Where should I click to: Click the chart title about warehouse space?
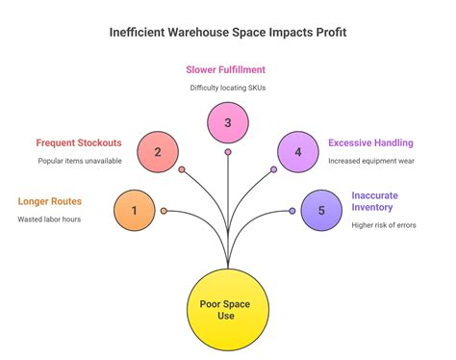pos(227,32)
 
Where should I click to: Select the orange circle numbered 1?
pos(134,211)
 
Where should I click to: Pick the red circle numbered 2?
pos(157,151)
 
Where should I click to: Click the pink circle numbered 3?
pos(228,122)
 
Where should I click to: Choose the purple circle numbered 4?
pos(298,151)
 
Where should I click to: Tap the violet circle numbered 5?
pos(321,211)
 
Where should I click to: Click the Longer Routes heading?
pos(50,202)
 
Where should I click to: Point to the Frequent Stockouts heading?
pos(78,143)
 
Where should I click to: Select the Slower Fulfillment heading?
pos(228,69)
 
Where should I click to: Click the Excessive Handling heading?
pos(370,143)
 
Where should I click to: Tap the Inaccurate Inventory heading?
pos(374,201)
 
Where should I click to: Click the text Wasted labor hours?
pos(50,219)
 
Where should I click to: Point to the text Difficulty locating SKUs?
pos(228,88)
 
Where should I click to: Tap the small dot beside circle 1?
pos(164,211)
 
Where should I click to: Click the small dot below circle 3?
pos(228,152)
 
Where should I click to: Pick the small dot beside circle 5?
pos(291,211)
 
